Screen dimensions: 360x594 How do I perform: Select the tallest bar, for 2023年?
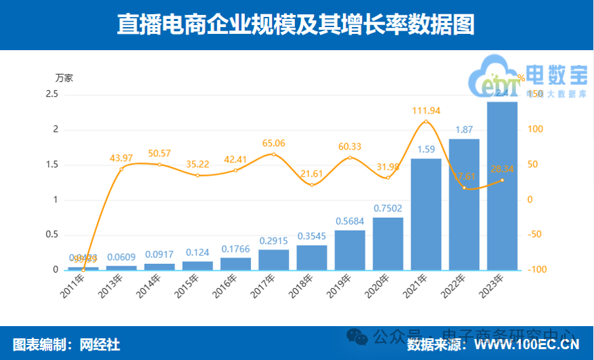pyautogui.click(x=502, y=185)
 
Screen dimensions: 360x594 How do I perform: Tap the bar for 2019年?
pyautogui.click(x=350, y=250)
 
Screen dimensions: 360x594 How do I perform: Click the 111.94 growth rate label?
pyautogui.click(x=426, y=110)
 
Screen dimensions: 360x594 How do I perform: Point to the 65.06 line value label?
pyautogui.click(x=273, y=143)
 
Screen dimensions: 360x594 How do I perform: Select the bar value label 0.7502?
pyautogui.click(x=388, y=208)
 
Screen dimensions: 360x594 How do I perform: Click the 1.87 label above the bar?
pyautogui.click(x=464, y=129)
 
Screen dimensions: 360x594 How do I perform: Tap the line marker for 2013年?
pyautogui.click(x=121, y=168)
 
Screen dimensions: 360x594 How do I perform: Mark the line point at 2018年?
pyautogui.click(x=312, y=185)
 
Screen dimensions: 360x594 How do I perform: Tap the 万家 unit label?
pyautogui.click(x=64, y=78)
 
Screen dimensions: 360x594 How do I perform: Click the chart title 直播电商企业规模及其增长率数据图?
pyautogui.click(x=296, y=24)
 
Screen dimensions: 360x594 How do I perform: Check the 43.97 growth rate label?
pyautogui.click(x=122, y=158)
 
